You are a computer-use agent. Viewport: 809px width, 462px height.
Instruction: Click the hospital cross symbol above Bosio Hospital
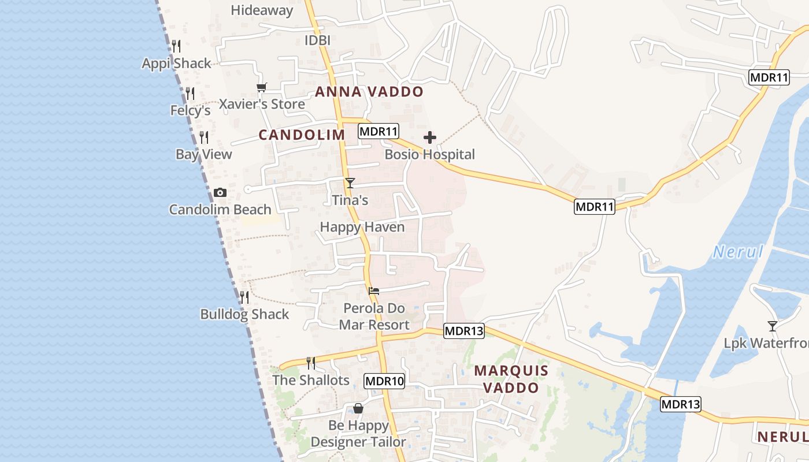click(429, 137)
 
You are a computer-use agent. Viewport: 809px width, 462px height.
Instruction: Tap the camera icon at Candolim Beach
click(220, 192)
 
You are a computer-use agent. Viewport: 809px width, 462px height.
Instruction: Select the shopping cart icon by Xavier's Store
click(262, 87)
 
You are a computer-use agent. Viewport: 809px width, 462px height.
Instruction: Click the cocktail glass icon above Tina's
click(350, 183)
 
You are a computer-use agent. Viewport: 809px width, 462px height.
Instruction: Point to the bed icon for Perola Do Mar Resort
click(374, 290)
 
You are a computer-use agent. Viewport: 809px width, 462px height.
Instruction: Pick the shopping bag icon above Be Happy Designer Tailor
click(358, 408)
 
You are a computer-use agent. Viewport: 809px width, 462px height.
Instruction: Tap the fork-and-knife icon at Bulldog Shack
click(244, 297)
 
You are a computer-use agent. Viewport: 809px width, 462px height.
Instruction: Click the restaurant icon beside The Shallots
click(311, 363)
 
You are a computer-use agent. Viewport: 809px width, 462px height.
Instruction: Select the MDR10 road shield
click(384, 381)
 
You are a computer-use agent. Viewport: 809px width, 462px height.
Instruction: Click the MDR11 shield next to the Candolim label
click(378, 131)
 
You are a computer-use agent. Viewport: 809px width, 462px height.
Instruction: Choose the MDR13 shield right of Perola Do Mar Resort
click(464, 331)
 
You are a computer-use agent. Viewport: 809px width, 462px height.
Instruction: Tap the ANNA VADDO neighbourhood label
click(369, 92)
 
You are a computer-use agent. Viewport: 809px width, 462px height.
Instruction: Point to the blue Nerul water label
click(738, 252)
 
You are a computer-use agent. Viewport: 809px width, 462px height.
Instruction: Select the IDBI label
click(317, 40)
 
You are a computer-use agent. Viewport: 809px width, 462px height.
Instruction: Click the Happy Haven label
click(362, 227)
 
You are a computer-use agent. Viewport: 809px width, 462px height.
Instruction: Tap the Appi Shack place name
click(177, 64)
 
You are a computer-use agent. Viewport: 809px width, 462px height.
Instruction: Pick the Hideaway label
click(262, 10)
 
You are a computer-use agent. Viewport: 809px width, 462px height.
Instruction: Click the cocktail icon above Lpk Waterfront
click(772, 326)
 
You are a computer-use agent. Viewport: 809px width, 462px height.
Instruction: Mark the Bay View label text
click(204, 154)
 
